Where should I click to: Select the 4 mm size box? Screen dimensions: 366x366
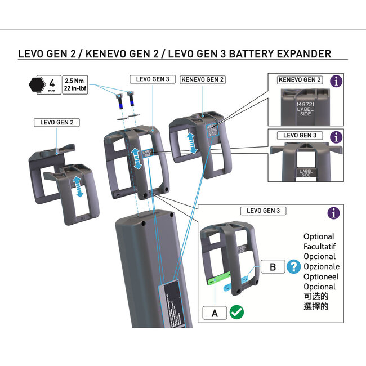tap(52, 86)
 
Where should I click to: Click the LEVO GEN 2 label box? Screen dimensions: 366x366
tap(56, 122)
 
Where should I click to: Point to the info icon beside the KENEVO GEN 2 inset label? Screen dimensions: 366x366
tap(336, 81)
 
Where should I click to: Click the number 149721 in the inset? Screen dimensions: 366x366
tap(305, 104)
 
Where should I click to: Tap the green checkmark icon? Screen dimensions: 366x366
tap(236, 313)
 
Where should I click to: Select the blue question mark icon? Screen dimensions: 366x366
tap(293, 267)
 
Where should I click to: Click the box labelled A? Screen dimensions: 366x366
tap(215, 313)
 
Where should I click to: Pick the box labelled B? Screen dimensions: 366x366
tap(273, 267)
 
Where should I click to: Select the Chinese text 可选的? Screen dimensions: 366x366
tap(316, 296)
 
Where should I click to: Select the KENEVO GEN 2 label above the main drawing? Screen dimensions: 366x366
tap(202, 80)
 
